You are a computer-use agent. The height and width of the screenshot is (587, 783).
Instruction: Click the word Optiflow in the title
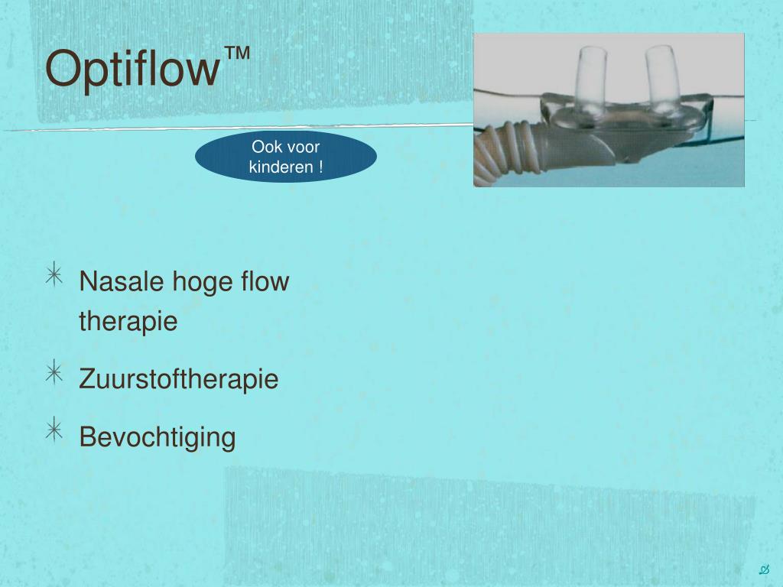[x=132, y=69]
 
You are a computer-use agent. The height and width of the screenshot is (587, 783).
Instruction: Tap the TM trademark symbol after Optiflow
[x=237, y=54]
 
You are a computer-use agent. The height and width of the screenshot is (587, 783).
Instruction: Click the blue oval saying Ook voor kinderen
[x=285, y=157]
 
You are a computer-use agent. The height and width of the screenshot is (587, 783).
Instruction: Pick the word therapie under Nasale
[x=128, y=322]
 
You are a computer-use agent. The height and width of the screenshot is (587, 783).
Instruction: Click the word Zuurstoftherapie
[x=179, y=379]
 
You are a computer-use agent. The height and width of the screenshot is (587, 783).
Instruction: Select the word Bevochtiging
[x=158, y=438]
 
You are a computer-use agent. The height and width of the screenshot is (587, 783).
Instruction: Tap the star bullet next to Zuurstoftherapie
[x=54, y=372]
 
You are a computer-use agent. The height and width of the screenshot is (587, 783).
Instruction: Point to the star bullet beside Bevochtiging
[x=54, y=430]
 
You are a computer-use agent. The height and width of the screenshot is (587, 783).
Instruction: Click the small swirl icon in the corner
[x=763, y=569]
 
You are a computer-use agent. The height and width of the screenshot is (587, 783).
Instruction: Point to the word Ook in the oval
[x=265, y=148]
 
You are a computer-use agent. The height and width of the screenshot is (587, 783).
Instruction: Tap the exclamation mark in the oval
[x=320, y=167]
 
